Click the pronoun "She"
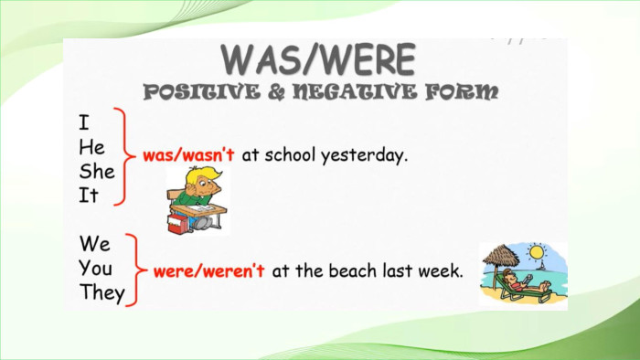[x=97, y=171]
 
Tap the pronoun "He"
[x=91, y=147]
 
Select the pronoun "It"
[x=89, y=196]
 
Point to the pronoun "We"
[x=95, y=244]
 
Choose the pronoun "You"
[x=95, y=269]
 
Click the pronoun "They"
[x=102, y=292]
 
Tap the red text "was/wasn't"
[x=188, y=155]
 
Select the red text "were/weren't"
[x=209, y=270]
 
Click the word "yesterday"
[x=365, y=156]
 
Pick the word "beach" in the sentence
[x=353, y=270]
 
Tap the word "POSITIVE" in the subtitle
[x=202, y=92]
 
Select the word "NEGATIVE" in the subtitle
[x=355, y=92]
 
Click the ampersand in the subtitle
[x=276, y=92]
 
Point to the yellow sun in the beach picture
[x=537, y=252]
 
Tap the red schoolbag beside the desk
[x=178, y=224]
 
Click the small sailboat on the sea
[x=542, y=265]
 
